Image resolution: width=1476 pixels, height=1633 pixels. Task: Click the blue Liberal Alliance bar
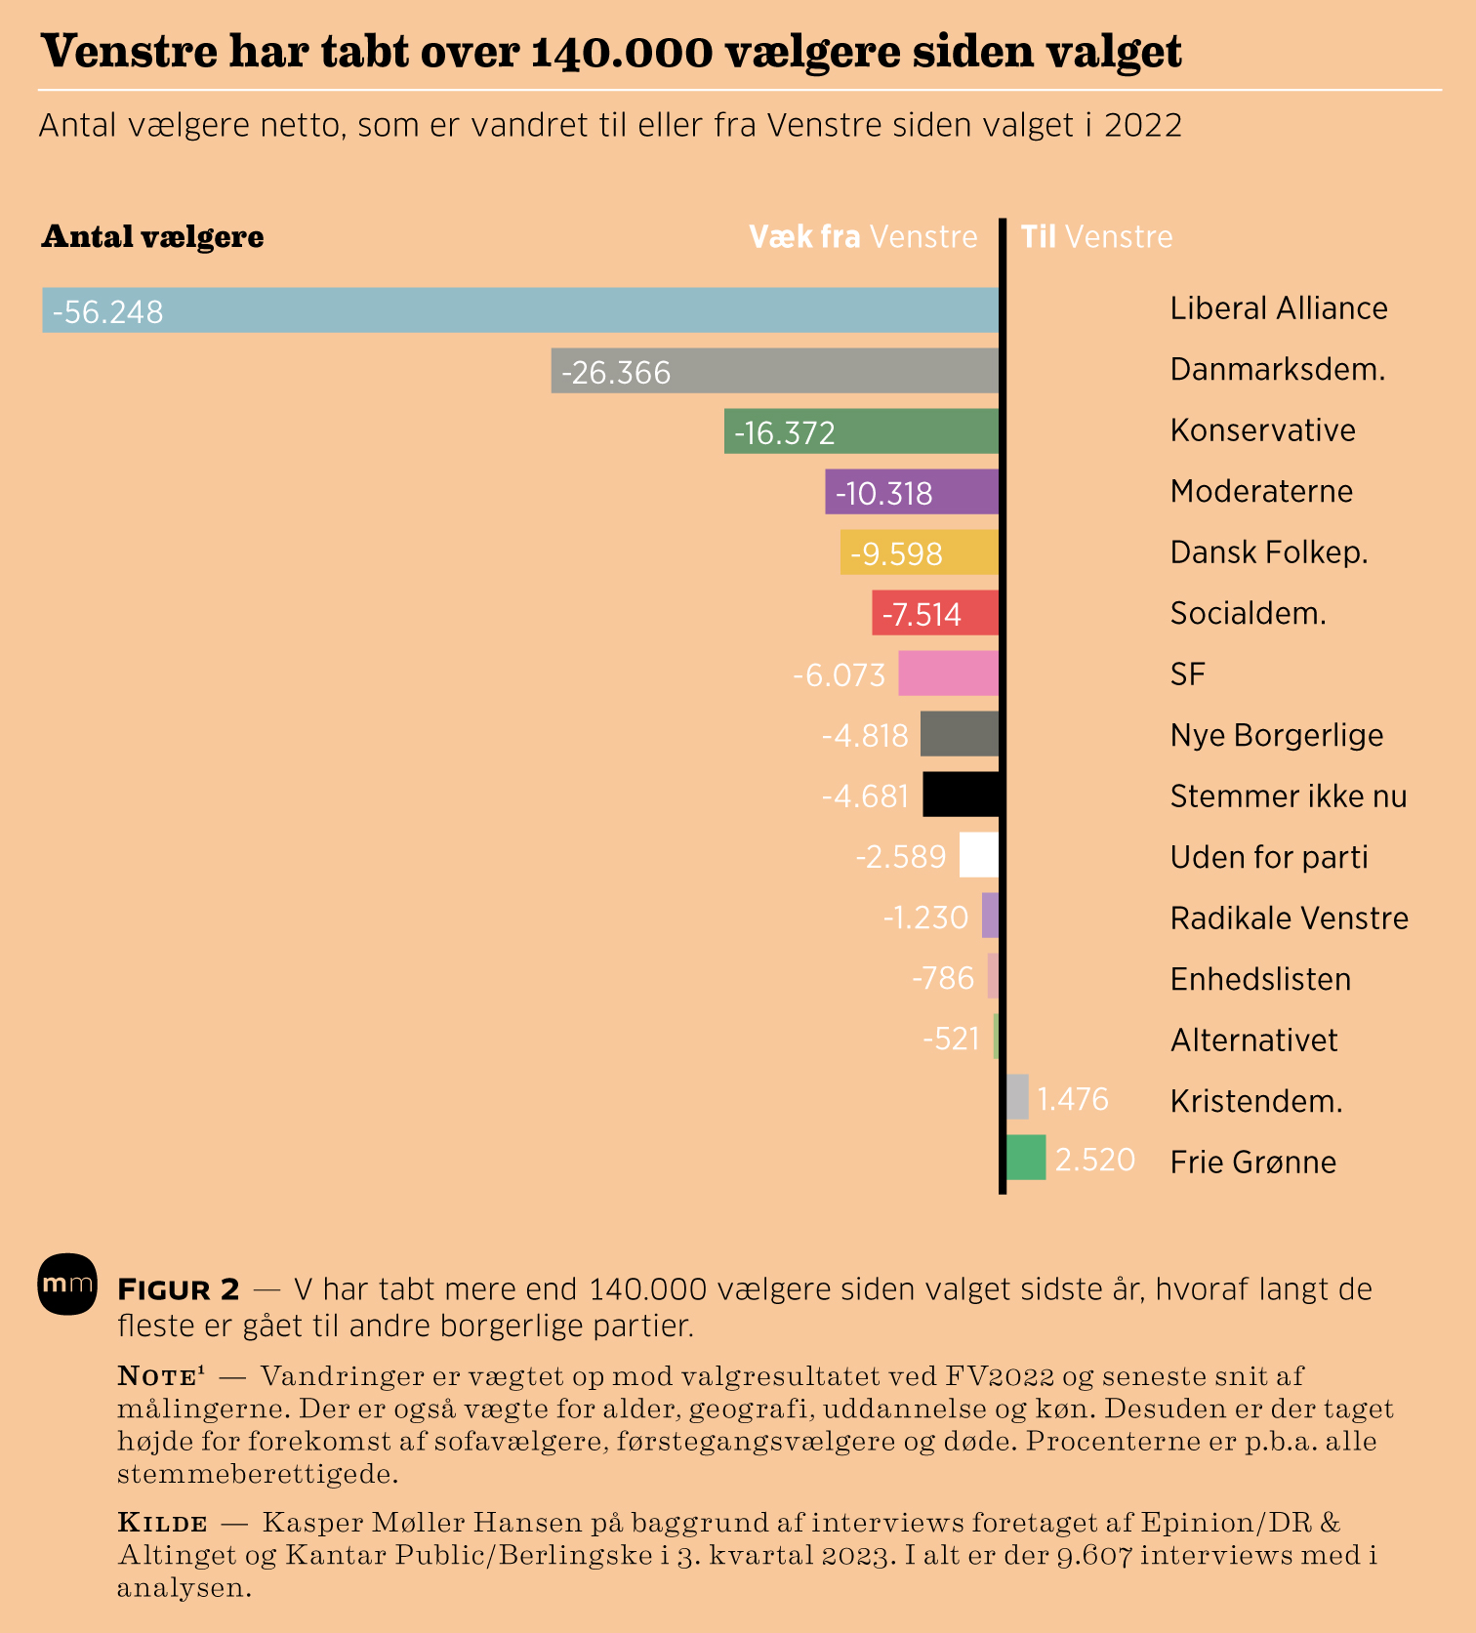(520, 310)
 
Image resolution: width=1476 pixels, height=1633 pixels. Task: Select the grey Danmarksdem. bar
(775, 371)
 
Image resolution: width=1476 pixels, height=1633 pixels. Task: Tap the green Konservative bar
(861, 431)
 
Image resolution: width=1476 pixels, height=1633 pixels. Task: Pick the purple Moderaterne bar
(912, 492)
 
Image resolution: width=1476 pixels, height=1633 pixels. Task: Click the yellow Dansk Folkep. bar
(920, 552)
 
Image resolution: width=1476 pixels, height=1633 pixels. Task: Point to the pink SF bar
(948, 674)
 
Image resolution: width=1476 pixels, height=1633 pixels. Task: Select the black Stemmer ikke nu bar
(962, 795)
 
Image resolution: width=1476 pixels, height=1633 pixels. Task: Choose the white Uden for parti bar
(979, 855)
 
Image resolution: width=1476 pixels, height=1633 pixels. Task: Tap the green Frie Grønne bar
(1026, 1158)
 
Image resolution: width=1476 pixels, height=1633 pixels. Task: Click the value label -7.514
(922, 615)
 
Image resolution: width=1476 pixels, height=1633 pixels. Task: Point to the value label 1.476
(1073, 1100)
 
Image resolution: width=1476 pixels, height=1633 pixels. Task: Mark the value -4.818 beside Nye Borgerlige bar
(865, 735)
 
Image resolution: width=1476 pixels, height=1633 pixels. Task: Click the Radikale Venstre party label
(1289, 919)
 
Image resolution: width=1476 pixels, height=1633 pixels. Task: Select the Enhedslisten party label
(1260, 979)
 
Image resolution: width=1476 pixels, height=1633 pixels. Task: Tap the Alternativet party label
(1253, 1041)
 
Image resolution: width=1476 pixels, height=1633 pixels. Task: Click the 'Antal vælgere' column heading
(152, 237)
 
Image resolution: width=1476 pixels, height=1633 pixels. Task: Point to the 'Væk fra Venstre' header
(863, 237)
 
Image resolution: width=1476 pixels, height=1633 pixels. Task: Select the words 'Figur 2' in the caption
(178, 1289)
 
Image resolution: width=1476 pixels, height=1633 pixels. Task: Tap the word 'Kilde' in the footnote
(162, 1523)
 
